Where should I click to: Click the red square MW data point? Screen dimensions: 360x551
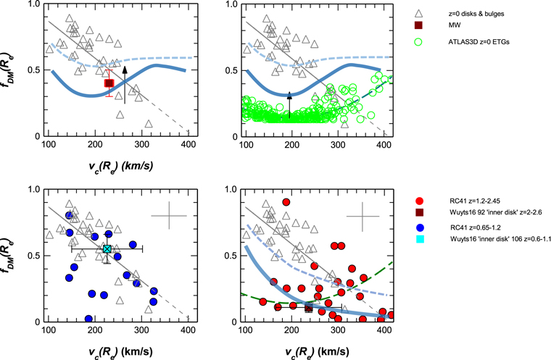(109, 83)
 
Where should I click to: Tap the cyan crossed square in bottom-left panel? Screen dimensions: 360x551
(107, 248)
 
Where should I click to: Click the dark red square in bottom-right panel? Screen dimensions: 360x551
(308, 308)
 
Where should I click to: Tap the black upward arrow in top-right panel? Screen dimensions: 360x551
(289, 106)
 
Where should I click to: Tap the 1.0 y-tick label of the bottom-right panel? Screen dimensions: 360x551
(231, 190)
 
